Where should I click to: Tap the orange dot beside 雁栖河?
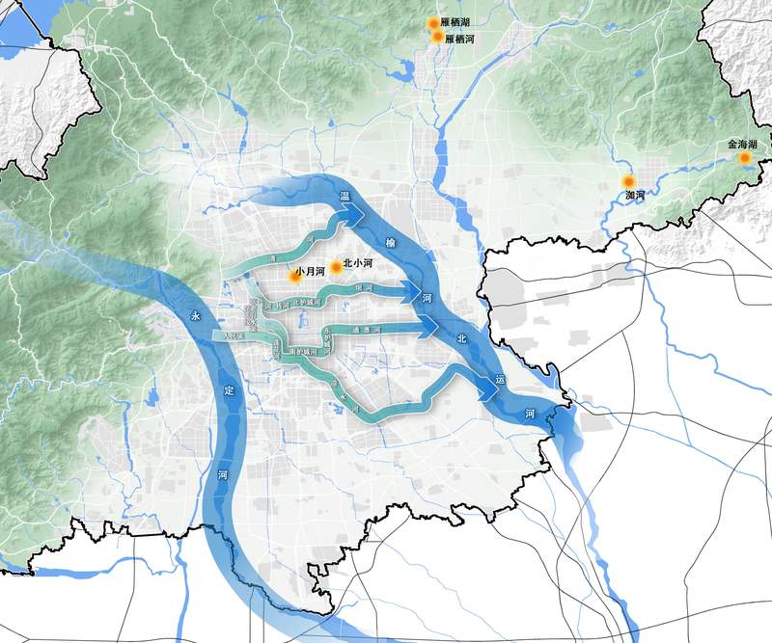point(437,37)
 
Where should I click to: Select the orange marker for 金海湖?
point(744,157)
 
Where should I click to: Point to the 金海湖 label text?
point(742,144)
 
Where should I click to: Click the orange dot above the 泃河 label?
point(628,181)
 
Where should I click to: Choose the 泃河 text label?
point(634,196)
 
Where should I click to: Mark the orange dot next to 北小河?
point(337,266)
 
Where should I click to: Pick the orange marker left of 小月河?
point(294,276)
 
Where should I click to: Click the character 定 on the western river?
point(228,390)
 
